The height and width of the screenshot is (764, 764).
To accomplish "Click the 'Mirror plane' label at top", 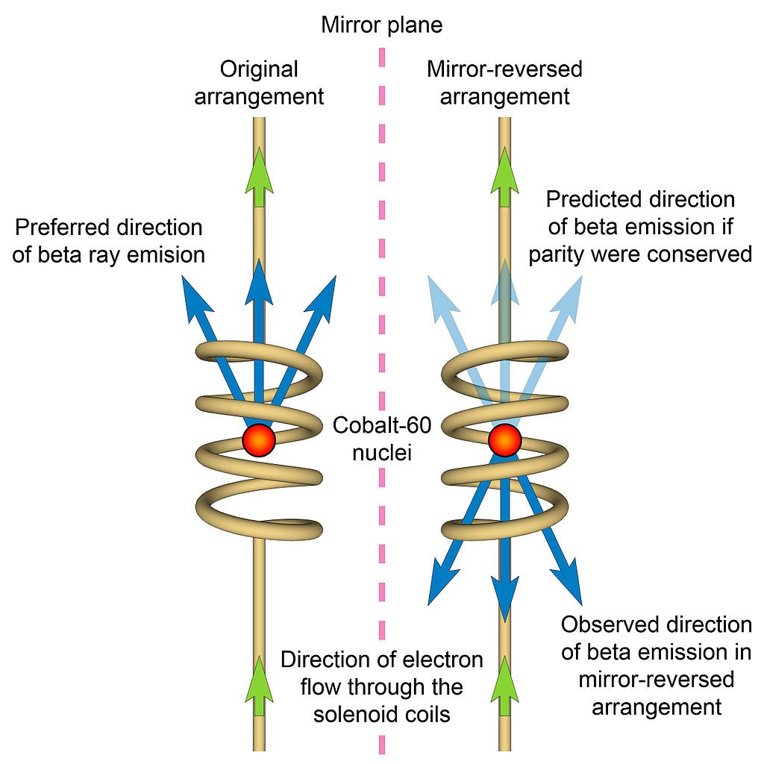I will pyautogui.click(x=381, y=25).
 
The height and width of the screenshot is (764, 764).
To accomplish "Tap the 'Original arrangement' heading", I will pyautogui.click(x=259, y=83).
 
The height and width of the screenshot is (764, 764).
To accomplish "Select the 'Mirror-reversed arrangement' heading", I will pyautogui.click(x=504, y=83).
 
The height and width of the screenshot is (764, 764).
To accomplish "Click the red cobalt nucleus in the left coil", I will pyautogui.click(x=259, y=439).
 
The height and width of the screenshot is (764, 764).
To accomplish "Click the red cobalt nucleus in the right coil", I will pyautogui.click(x=505, y=439).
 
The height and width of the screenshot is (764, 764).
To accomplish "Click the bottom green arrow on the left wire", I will pyautogui.click(x=259, y=683).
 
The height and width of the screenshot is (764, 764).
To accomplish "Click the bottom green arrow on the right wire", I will pyautogui.click(x=505, y=683).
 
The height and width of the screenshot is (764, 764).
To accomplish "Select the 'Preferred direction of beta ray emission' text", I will pyautogui.click(x=109, y=240).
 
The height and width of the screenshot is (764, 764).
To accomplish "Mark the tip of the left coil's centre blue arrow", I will pyautogui.click(x=259, y=263).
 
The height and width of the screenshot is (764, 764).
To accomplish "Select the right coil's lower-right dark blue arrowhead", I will pyautogui.click(x=573, y=589).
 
